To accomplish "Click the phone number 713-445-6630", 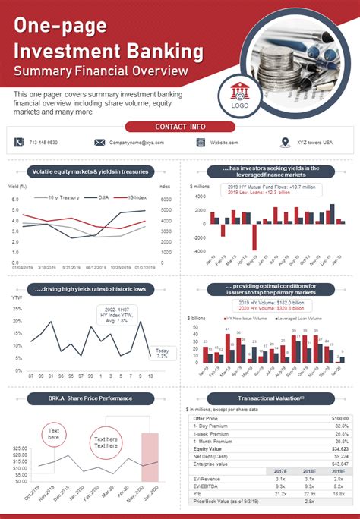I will (43, 143).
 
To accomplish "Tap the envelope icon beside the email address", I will (99, 142).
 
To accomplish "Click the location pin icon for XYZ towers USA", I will (285, 142).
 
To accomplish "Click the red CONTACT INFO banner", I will (180, 127).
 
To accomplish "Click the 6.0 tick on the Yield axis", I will (14, 200).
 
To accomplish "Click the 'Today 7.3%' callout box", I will (162, 353).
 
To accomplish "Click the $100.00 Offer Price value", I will (339, 418).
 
